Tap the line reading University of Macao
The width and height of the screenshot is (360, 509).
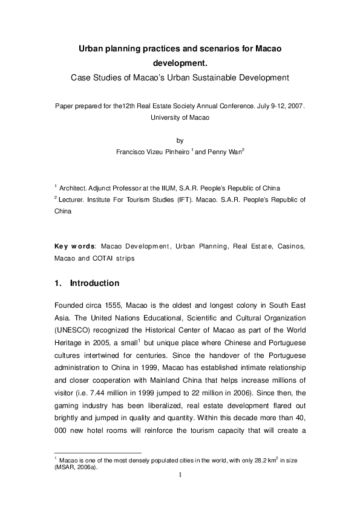coord(180,117)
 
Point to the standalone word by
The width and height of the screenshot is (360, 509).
coord(180,141)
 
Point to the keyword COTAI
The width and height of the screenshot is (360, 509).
coord(117,258)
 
